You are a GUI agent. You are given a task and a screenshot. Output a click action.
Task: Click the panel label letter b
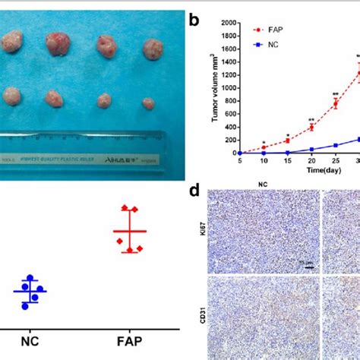point(194,21)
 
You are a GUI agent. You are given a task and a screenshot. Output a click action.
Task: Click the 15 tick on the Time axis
point(287,160)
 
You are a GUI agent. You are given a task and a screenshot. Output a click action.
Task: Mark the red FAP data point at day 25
point(335,103)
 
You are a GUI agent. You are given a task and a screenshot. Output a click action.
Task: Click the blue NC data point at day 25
point(335,145)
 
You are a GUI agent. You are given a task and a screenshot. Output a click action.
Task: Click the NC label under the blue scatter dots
point(30,343)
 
